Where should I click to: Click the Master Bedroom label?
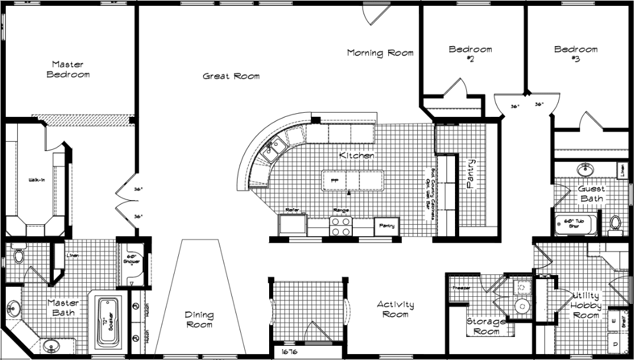point(68,70)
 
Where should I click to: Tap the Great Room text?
point(231,76)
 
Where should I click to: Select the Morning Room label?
point(380,53)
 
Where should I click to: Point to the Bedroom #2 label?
point(470,54)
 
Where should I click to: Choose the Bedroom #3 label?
point(575,54)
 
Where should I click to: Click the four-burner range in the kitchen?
point(340,227)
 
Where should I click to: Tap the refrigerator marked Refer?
point(292,225)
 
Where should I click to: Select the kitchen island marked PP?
point(352,180)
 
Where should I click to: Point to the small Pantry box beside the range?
point(387,226)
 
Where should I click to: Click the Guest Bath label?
point(591,194)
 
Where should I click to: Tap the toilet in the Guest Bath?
point(616,223)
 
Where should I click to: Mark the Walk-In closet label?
point(28,179)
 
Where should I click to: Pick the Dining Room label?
point(199,319)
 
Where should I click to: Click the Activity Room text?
point(395,309)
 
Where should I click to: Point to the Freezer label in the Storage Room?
point(461,288)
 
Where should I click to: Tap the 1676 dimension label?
point(290,352)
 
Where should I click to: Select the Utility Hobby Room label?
point(585,305)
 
